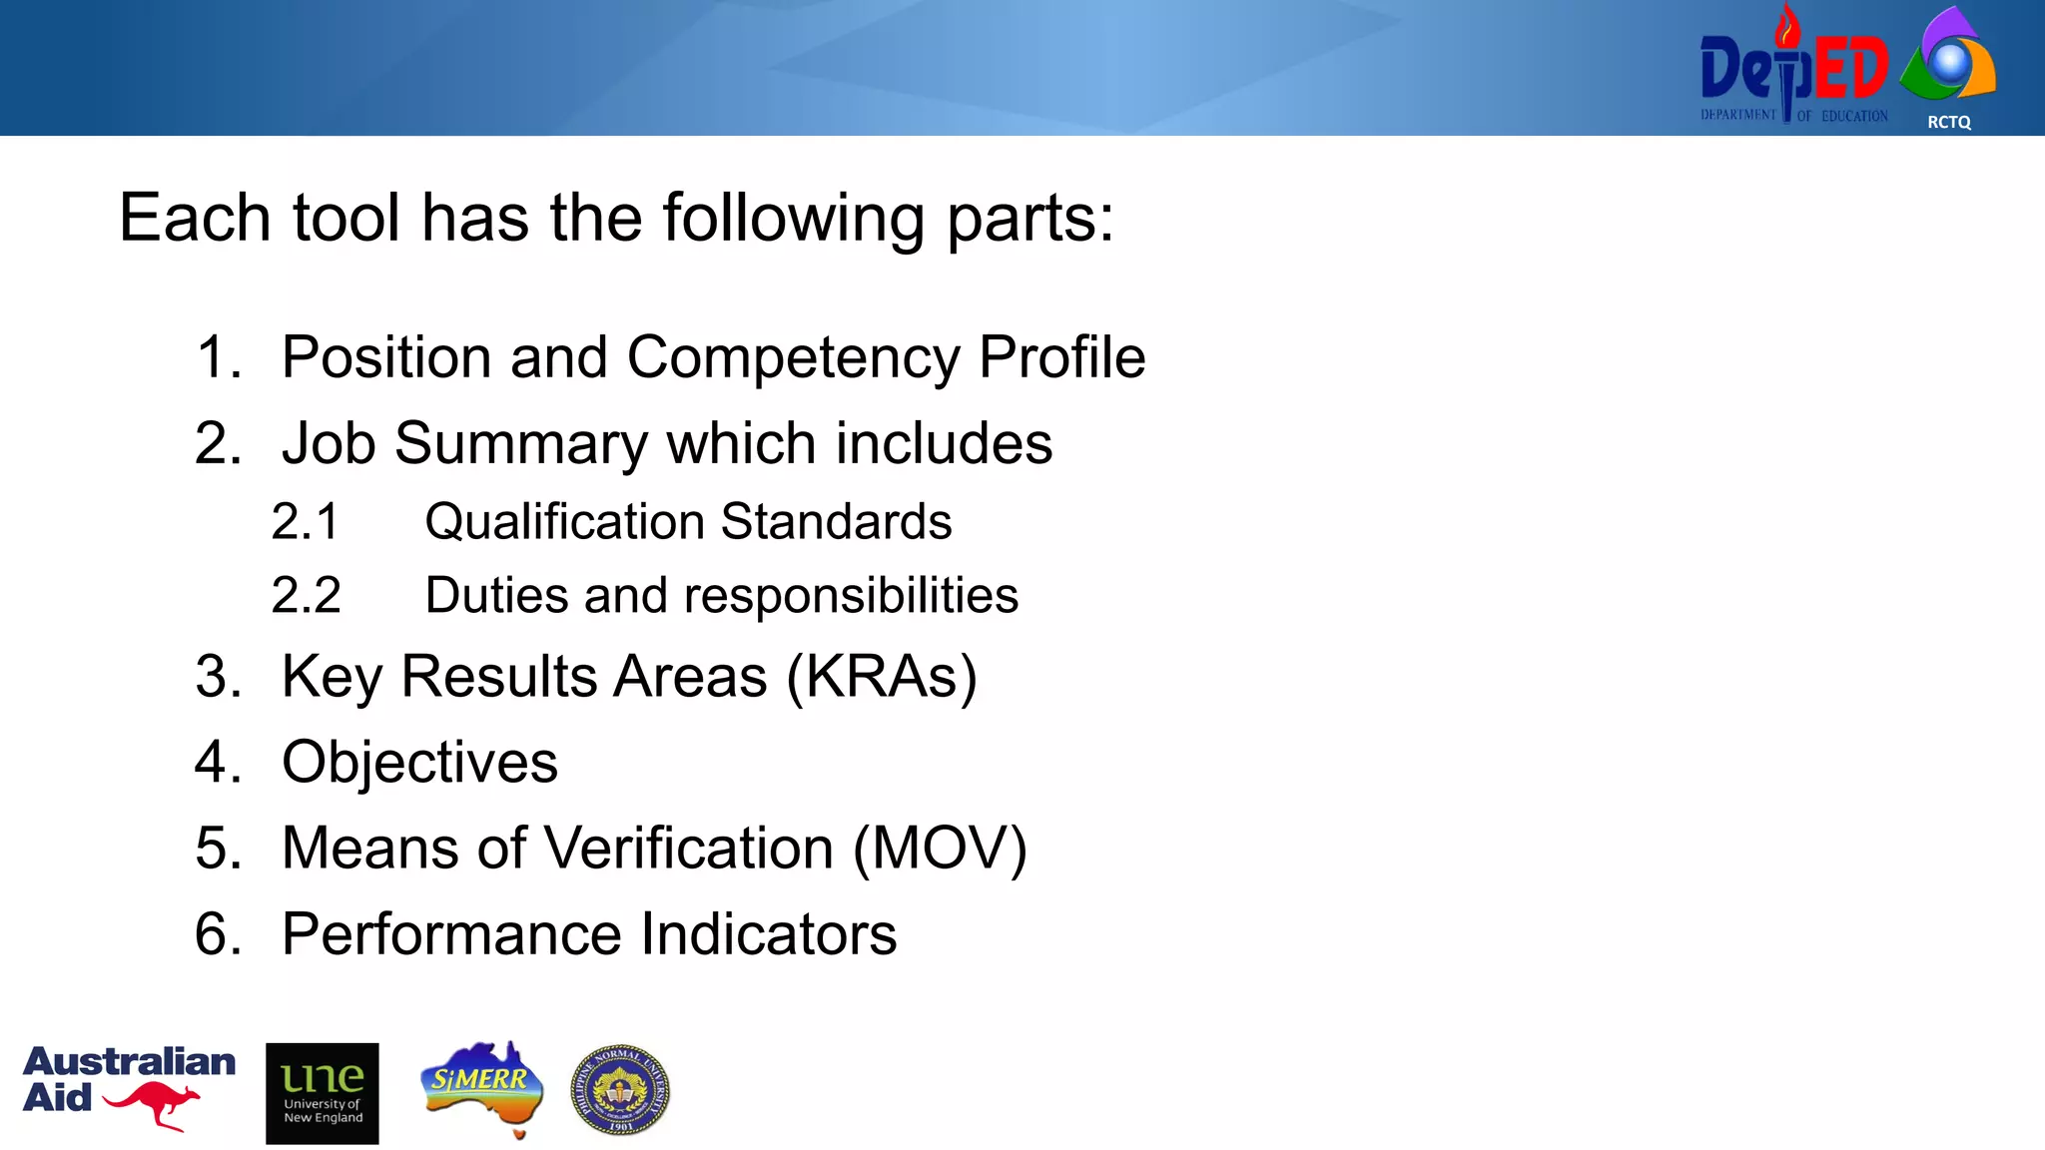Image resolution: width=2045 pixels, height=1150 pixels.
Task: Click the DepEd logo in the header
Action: pos(1793,70)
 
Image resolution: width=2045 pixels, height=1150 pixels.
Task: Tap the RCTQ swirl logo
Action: pos(1949,60)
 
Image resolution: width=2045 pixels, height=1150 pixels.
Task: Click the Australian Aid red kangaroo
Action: pos(153,1104)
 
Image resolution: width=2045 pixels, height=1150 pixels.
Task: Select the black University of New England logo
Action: pos(323,1093)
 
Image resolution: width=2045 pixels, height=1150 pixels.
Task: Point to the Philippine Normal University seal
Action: pos(620,1090)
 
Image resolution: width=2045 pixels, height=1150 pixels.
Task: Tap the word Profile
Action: pos(1061,356)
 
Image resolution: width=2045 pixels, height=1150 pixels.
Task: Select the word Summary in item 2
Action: pos(520,443)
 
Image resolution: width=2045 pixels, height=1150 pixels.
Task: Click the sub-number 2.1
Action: pos(306,522)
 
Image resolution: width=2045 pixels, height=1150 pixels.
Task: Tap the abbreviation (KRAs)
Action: pos(882,677)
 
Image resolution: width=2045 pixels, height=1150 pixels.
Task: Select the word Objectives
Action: pos(419,763)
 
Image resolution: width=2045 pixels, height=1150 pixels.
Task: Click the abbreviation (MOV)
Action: pos(940,849)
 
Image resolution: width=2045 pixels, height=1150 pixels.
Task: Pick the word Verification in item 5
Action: pos(690,849)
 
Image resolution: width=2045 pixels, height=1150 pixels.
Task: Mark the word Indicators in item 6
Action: pos(768,934)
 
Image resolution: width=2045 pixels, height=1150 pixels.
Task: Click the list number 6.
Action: pos(218,934)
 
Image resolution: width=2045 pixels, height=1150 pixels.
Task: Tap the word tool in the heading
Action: pos(345,218)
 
